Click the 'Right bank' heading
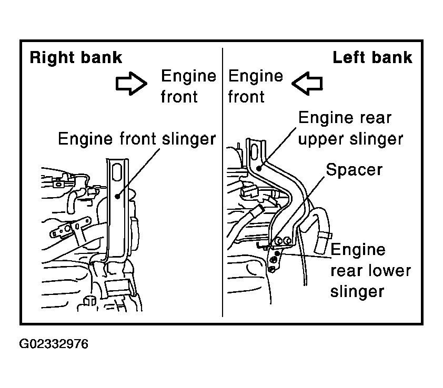pyautogui.click(x=76, y=58)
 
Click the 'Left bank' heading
pyautogui.click(x=372, y=58)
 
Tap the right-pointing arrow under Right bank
pyautogui.click(x=132, y=83)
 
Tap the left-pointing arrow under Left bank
pyautogui.click(x=307, y=83)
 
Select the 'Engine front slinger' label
pyautogui.click(x=137, y=139)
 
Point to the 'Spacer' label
pyautogui.click(x=354, y=170)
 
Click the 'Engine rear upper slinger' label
pyautogui.click(x=350, y=128)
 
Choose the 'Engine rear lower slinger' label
pyautogui.click(x=370, y=271)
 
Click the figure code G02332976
pyautogui.click(x=54, y=344)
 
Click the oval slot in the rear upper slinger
pyautogui.click(x=254, y=153)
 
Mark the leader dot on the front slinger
pyautogui.click(x=117, y=196)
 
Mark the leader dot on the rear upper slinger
pyautogui.click(x=258, y=169)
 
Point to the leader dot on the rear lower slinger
pyautogui.click(x=277, y=253)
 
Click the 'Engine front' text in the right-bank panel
pyautogui.click(x=188, y=86)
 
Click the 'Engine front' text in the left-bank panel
pyautogui.click(x=255, y=86)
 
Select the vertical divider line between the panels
pyautogui.click(x=223, y=182)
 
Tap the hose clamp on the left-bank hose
pyautogui.click(x=325, y=234)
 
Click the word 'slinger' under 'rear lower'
pyautogui.click(x=357, y=291)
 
